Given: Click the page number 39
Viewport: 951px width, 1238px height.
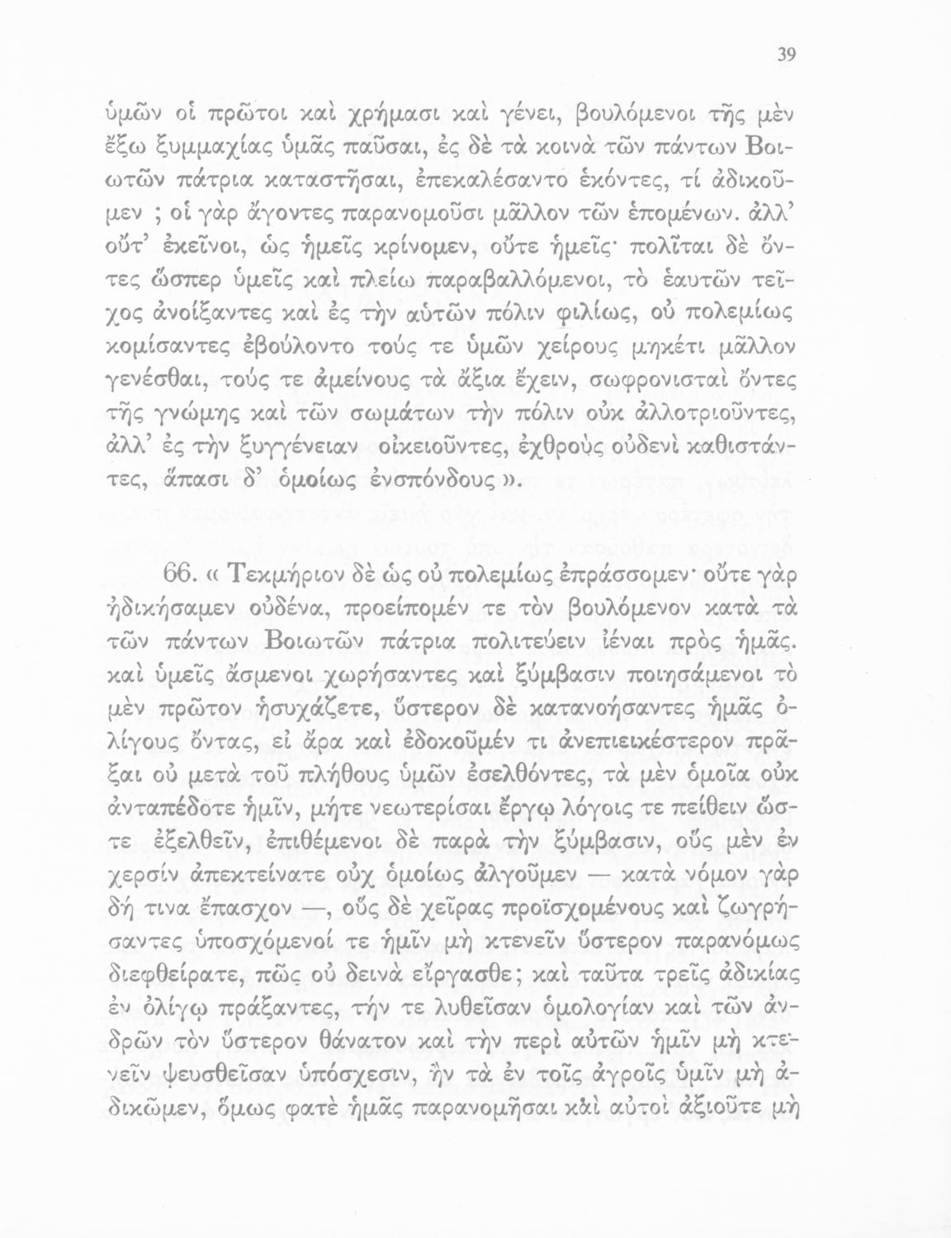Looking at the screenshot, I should tap(785, 55).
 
